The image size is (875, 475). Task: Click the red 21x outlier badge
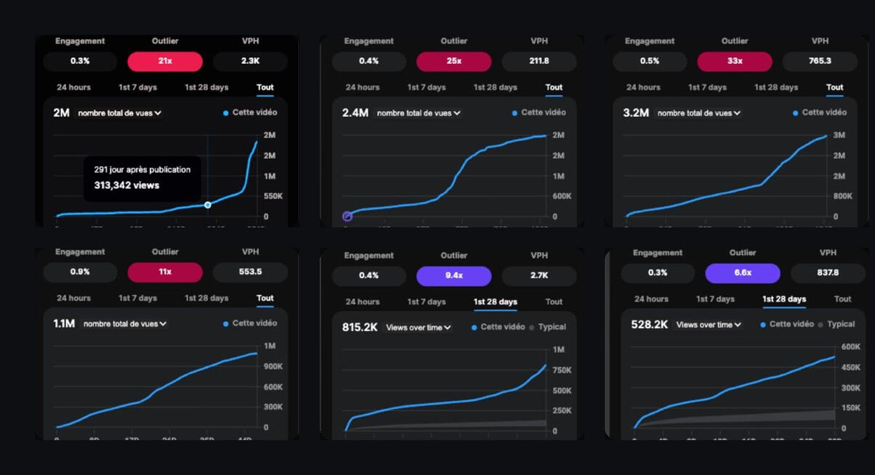point(165,61)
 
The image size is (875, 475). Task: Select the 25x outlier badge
point(453,61)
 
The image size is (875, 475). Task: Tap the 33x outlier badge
point(734,61)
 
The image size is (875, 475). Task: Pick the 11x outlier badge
point(165,272)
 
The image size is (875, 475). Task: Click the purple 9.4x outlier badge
point(453,276)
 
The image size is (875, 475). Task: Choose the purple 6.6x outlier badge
point(742,273)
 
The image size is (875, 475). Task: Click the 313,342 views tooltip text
point(126,185)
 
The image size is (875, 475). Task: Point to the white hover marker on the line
point(208,205)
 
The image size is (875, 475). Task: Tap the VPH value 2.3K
point(250,61)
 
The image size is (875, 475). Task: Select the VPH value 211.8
point(539,61)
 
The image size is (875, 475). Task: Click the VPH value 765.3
point(819,61)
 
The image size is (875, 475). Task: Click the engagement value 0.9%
point(80,272)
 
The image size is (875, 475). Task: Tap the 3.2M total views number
point(634,113)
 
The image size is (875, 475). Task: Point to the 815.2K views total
point(360,328)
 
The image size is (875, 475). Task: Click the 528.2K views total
point(649,325)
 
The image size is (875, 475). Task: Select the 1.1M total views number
point(64,323)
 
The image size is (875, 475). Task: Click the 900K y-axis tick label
point(273,366)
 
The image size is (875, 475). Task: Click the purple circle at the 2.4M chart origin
point(347,216)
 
